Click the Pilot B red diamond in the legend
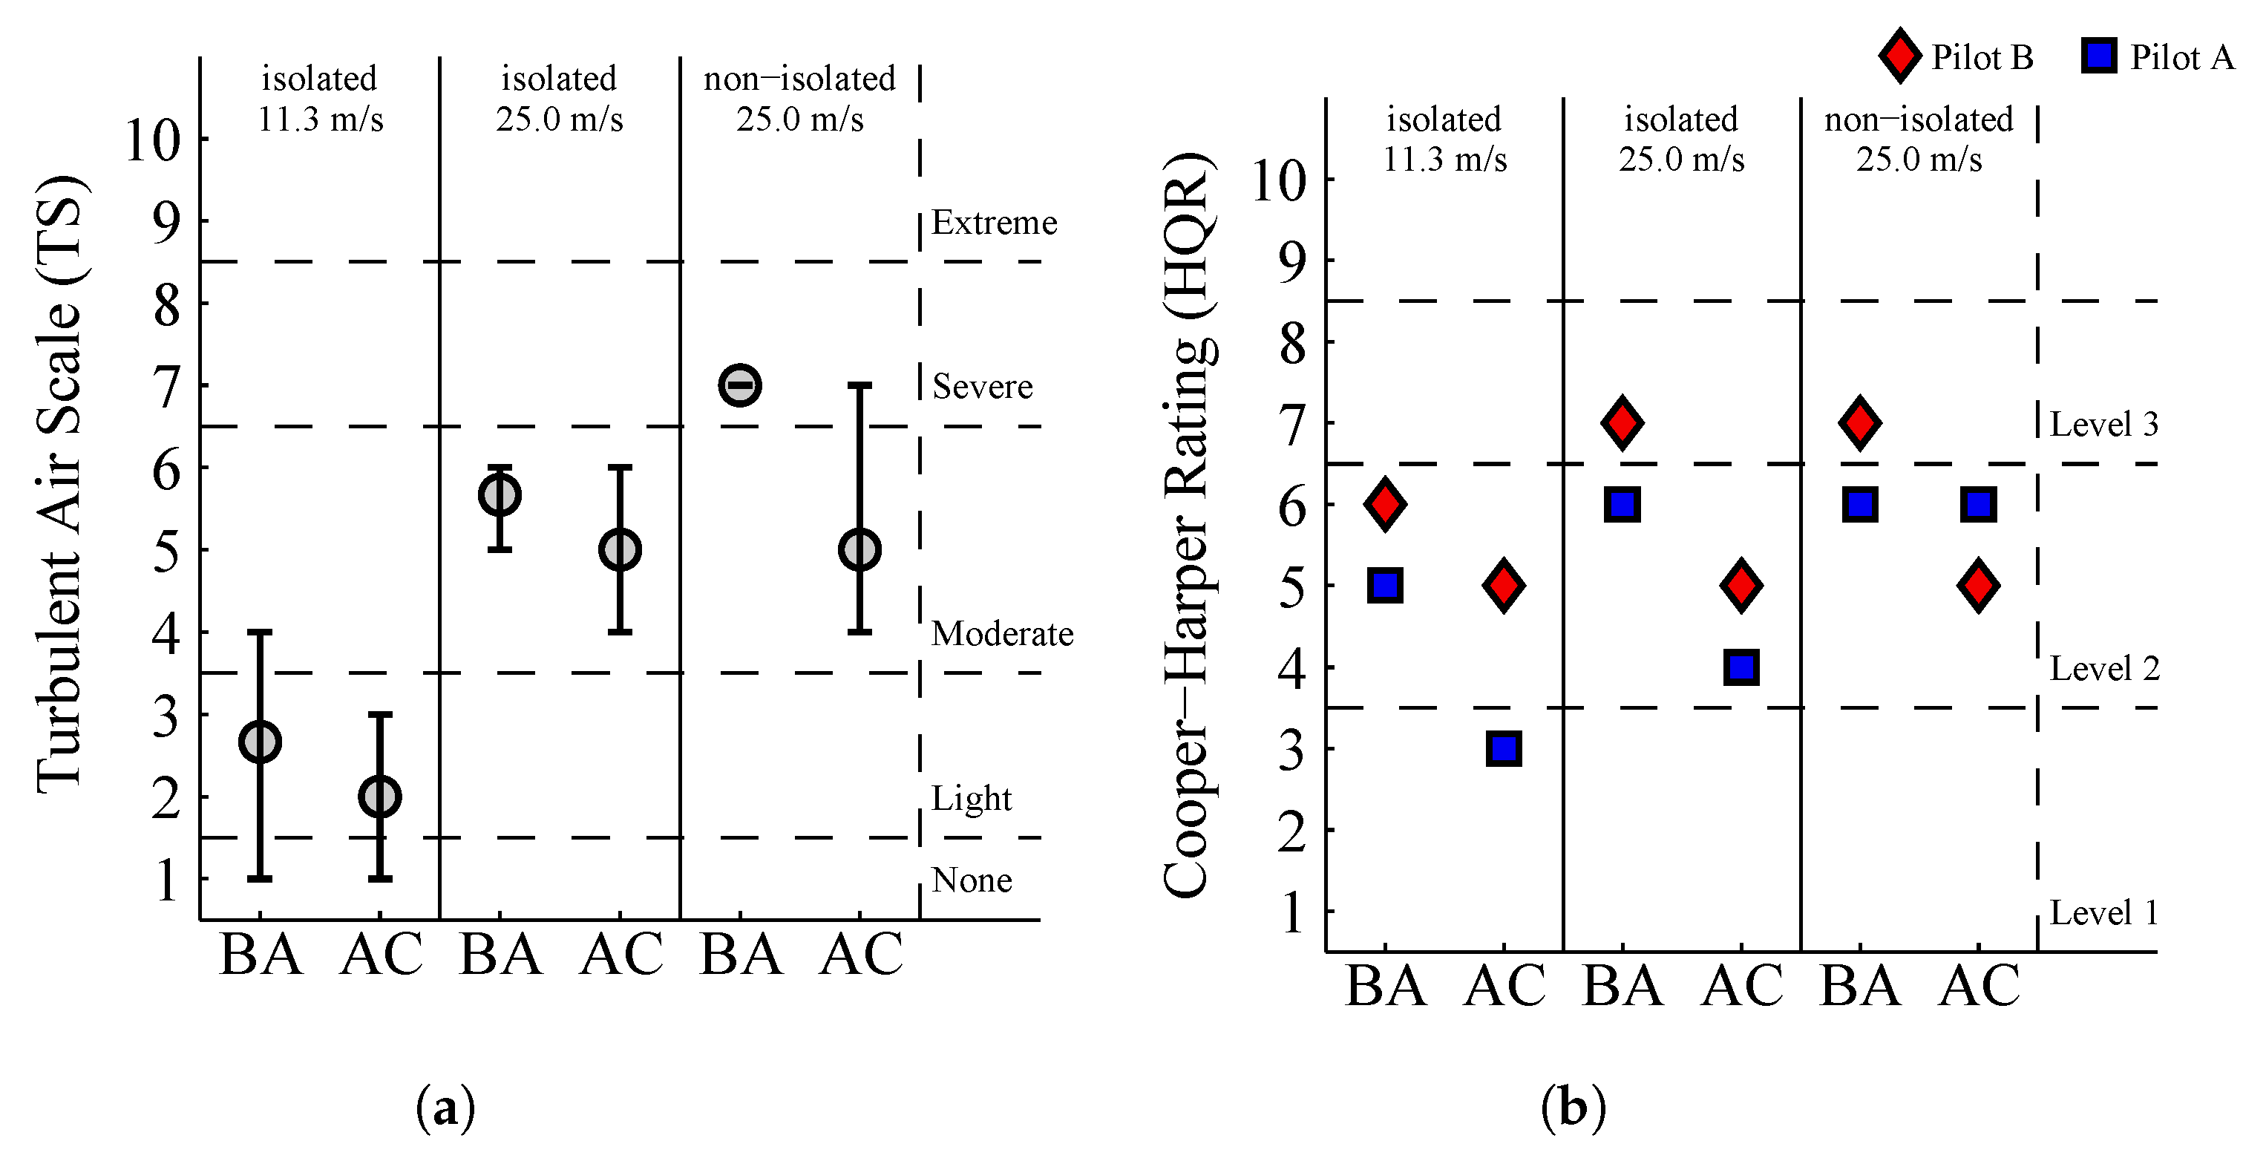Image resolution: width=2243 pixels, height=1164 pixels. (x=1899, y=56)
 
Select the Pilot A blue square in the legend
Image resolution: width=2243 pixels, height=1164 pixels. (x=2098, y=56)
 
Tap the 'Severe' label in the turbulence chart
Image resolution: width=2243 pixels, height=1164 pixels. (x=982, y=386)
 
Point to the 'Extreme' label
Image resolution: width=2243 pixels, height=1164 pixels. (x=995, y=223)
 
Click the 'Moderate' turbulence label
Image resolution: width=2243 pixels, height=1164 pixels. (x=1002, y=634)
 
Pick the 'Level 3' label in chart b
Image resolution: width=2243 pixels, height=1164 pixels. (x=2103, y=424)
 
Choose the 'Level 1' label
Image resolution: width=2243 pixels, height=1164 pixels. (x=2103, y=912)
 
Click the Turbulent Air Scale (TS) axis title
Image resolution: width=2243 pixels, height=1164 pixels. (x=61, y=483)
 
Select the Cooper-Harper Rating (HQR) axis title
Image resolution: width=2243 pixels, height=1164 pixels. (x=1188, y=523)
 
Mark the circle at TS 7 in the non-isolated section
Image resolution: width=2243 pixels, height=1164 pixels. (x=740, y=385)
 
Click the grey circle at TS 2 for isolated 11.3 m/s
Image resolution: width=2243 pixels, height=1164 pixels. (x=379, y=797)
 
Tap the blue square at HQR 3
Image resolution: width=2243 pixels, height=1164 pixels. (x=1504, y=749)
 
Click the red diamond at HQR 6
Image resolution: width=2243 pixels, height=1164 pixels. (x=1385, y=504)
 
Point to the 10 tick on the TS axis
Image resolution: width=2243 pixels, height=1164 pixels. (x=153, y=140)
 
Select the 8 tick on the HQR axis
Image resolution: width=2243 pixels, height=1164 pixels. (x=1293, y=342)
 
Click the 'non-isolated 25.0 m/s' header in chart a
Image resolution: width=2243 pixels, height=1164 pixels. (x=799, y=97)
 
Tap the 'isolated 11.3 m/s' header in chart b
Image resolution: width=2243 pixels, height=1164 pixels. (x=1444, y=138)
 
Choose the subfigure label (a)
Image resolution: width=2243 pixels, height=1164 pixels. (x=446, y=1108)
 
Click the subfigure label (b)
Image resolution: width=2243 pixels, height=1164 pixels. (x=1573, y=1108)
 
